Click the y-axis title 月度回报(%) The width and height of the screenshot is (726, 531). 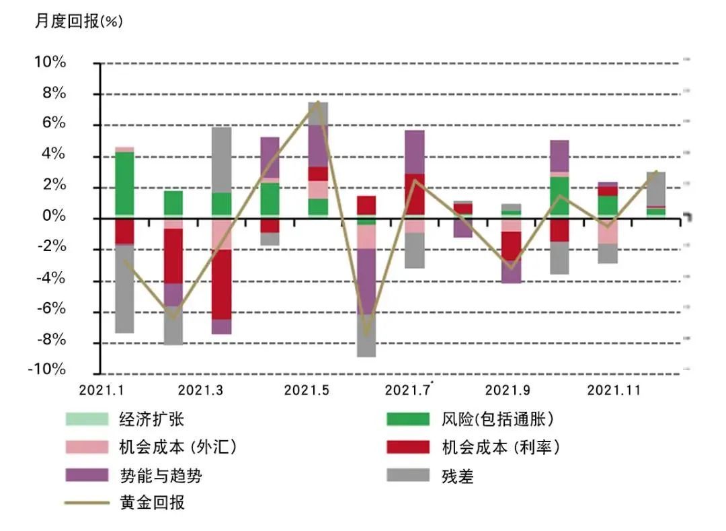tap(79, 21)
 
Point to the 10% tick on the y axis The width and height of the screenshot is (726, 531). tap(50, 63)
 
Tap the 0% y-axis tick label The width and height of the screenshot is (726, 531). tap(54, 216)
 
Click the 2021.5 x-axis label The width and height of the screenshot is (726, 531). tap(307, 390)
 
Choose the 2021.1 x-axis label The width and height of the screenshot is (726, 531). tap(102, 390)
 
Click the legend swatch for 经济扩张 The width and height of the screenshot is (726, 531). tap(87, 419)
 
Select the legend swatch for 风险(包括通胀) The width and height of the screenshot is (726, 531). tap(408, 419)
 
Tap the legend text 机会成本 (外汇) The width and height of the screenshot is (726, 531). tap(177, 447)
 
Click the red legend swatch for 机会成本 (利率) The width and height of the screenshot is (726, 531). tap(408, 447)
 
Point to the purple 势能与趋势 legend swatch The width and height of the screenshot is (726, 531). tap(87, 475)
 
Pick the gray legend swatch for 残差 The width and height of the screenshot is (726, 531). tap(408, 475)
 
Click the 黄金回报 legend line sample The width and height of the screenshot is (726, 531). tap(87, 502)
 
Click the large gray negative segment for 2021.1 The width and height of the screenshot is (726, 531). tap(124, 289)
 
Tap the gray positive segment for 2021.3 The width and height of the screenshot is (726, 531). tap(222, 160)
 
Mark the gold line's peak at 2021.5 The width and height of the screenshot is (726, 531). tap(317, 103)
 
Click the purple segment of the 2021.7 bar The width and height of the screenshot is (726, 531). tap(415, 152)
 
